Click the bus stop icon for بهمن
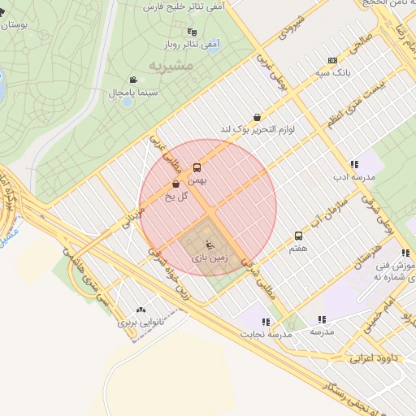coord(197,168)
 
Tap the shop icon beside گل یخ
coord(176,184)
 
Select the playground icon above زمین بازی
coord(209,243)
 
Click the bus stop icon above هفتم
coord(298,236)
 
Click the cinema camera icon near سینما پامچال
coord(133,80)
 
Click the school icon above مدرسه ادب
coord(354,163)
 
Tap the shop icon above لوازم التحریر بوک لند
coord(258,117)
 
